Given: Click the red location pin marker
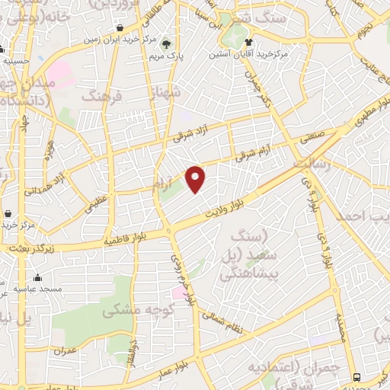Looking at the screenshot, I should tap(197, 178).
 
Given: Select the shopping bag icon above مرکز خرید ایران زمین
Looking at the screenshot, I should tap(121, 28).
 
